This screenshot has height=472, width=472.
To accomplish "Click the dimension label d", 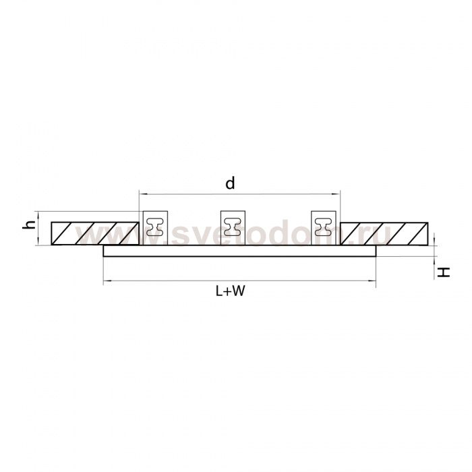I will (x=230, y=183).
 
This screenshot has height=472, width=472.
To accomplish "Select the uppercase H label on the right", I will (x=443, y=272).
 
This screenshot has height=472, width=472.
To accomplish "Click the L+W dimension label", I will (x=229, y=291).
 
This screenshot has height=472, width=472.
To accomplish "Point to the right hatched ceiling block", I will (x=384, y=233).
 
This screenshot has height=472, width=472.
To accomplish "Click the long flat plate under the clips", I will (x=239, y=252).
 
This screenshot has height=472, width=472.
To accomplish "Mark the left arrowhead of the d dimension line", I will (x=141, y=194).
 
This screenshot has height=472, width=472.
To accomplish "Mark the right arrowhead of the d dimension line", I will (x=338, y=194).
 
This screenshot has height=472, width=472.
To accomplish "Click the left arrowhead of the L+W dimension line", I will (x=105, y=281).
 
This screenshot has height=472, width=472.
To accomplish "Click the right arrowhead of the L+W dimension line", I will (x=374, y=281).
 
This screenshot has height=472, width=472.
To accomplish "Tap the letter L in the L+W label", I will (x=218, y=291).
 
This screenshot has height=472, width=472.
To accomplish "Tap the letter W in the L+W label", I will (x=238, y=291).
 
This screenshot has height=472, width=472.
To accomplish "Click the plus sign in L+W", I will (x=227, y=291).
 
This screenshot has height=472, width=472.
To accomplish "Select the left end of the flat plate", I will (x=105, y=252).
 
